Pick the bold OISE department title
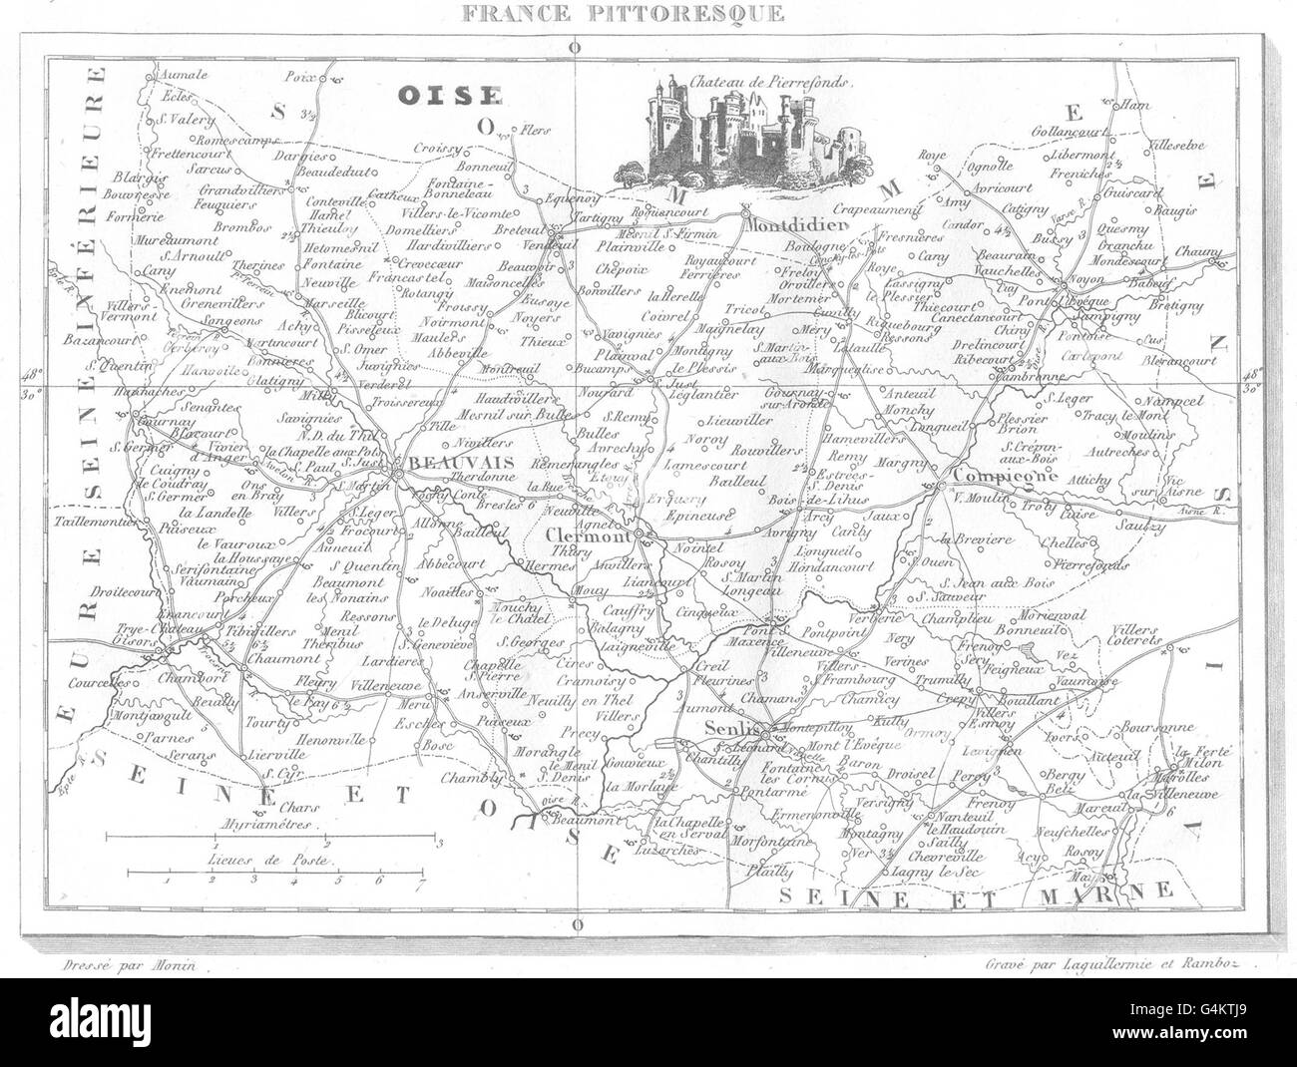[448, 95]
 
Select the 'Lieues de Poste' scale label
[272, 858]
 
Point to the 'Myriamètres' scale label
[269, 827]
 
